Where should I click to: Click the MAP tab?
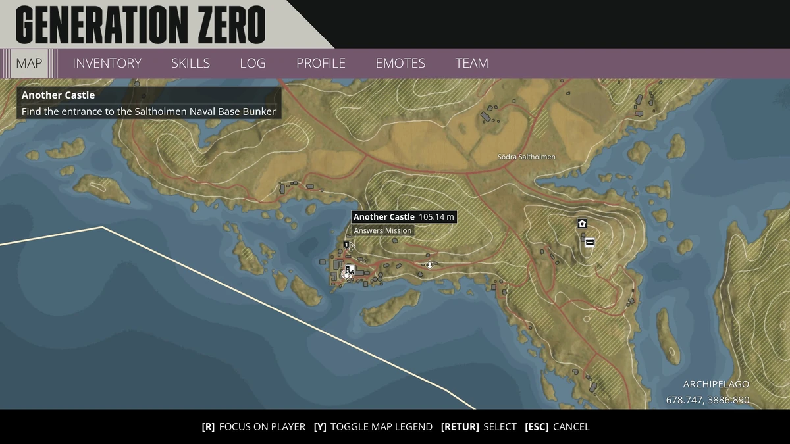29,64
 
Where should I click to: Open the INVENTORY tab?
107,64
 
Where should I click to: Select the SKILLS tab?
190,64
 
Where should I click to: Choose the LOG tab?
253,64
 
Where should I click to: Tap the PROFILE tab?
321,64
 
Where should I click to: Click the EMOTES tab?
400,64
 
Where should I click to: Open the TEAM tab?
471,64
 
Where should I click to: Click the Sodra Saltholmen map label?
526,157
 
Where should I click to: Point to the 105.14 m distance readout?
436,217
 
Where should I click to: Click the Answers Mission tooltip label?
382,230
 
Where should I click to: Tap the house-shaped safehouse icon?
582,224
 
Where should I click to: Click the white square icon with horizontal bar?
590,242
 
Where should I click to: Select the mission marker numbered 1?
346,245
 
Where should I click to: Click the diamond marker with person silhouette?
429,265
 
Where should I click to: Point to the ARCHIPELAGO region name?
716,384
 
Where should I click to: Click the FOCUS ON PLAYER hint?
253,427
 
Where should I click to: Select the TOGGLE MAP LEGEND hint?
373,427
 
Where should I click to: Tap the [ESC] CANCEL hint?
557,427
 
